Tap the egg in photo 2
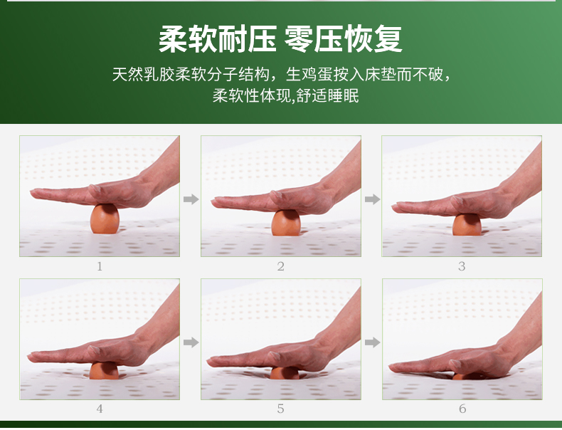click(286, 222)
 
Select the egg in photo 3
click(467, 224)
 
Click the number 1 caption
click(100, 266)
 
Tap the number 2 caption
click(281, 266)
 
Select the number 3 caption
click(462, 266)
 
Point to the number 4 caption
click(100, 409)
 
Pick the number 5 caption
click(281, 409)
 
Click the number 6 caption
click(462, 409)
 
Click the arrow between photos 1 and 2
click(191, 199)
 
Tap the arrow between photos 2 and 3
click(372, 199)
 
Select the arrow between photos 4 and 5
click(191, 342)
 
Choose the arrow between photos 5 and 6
click(372, 342)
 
